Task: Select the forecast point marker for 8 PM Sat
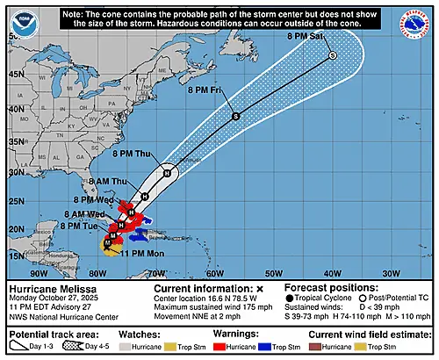pos(332,55)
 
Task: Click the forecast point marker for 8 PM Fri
pos(235,116)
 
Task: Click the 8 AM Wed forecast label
pos(89,214)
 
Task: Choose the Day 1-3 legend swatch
pos(18,348)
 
